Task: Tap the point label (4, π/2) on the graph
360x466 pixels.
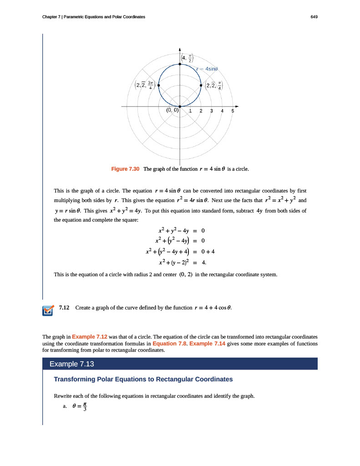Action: click(x=187, y=58)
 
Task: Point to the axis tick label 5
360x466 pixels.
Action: click(x=233, y=111)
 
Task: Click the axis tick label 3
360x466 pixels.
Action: click(x=212, y=111)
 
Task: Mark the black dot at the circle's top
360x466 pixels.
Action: click(x=180, y=65)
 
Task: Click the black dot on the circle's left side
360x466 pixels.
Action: click(x=159, y=85)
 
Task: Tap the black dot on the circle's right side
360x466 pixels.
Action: click(x=201, y=85)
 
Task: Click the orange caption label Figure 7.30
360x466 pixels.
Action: click(x=125, y=169)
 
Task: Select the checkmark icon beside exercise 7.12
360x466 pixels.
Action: click(x=47, y=309)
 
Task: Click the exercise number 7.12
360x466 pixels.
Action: click(x=64, y=308)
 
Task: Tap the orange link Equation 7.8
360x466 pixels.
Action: click(x=170, y=344)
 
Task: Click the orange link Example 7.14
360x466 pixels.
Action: click(x=207, y=344)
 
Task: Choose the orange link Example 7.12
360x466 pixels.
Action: click(x=90, y=336)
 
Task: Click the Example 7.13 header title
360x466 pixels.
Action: click(x=71, y=364)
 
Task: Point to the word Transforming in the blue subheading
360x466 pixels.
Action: click(x=75, y=379)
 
